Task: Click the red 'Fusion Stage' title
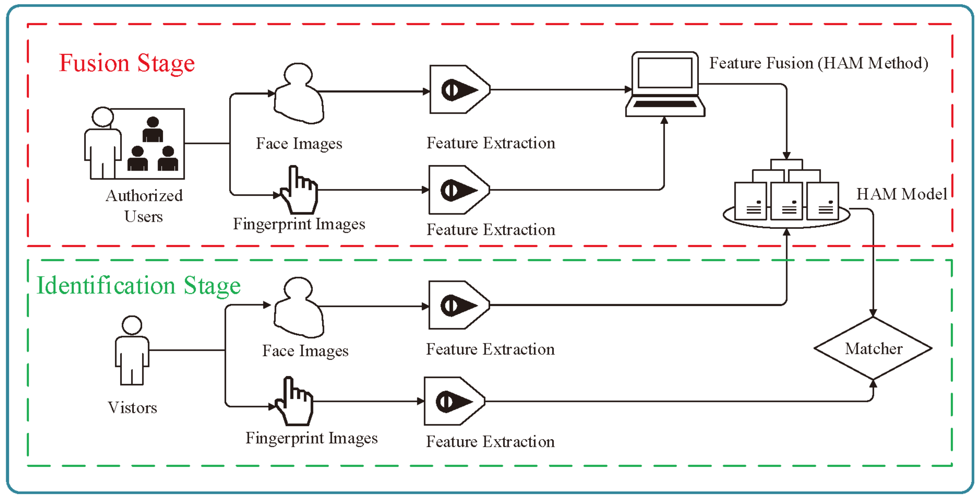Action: tap(127, 63)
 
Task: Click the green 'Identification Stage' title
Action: tap(138, 286)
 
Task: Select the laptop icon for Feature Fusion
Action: tap(665, 85)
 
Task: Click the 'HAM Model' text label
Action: tap(902, 194)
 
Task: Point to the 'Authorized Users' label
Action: tap(144, 206)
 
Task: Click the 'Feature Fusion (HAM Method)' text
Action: tap(819, 63)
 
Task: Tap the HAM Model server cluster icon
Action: tap(786, 196)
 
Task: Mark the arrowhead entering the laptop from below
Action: tap(664, 121)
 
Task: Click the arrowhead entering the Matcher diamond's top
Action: tap(873, 313)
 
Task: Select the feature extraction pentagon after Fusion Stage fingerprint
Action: tap(458, 190)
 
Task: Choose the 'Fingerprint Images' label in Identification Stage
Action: tap(312, 438)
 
